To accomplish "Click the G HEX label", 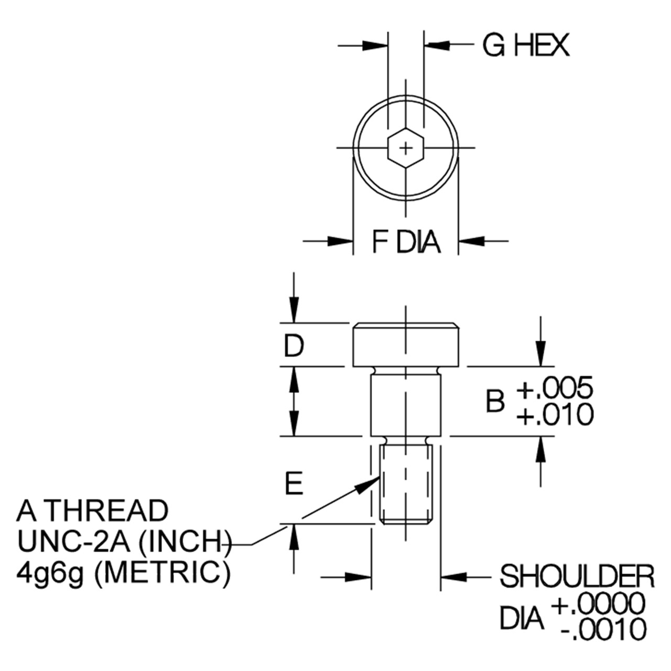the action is click(525, 45).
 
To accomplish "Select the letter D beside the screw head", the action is click(294, 345).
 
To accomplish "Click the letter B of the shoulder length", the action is click(495, 401).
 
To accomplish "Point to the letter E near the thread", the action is click(294, 483).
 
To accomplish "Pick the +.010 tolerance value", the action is click(554, 414).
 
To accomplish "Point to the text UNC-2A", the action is click(74, 542).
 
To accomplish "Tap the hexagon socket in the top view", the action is click(406, 148).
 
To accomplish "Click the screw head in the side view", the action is click(406, 345).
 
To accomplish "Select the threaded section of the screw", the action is click(406, 485).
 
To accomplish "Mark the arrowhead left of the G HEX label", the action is click(375, 45).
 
